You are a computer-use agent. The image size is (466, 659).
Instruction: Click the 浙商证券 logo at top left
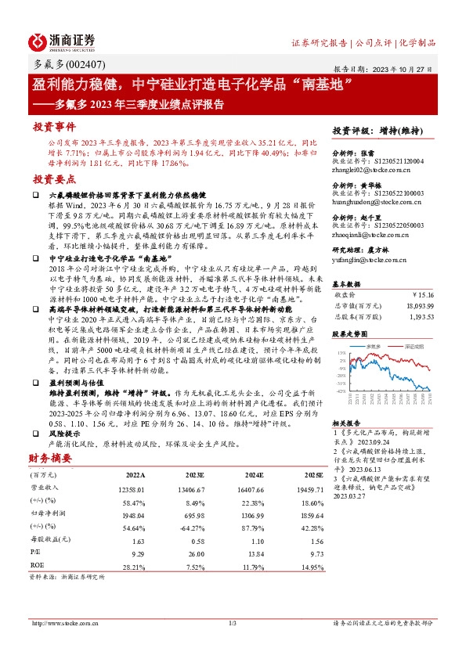click(61, 41)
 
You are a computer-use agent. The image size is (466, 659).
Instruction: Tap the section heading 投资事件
click(53, 125)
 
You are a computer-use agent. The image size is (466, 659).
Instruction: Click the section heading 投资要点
click(53, 179)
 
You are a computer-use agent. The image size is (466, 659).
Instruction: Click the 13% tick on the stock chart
click(341, 353)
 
